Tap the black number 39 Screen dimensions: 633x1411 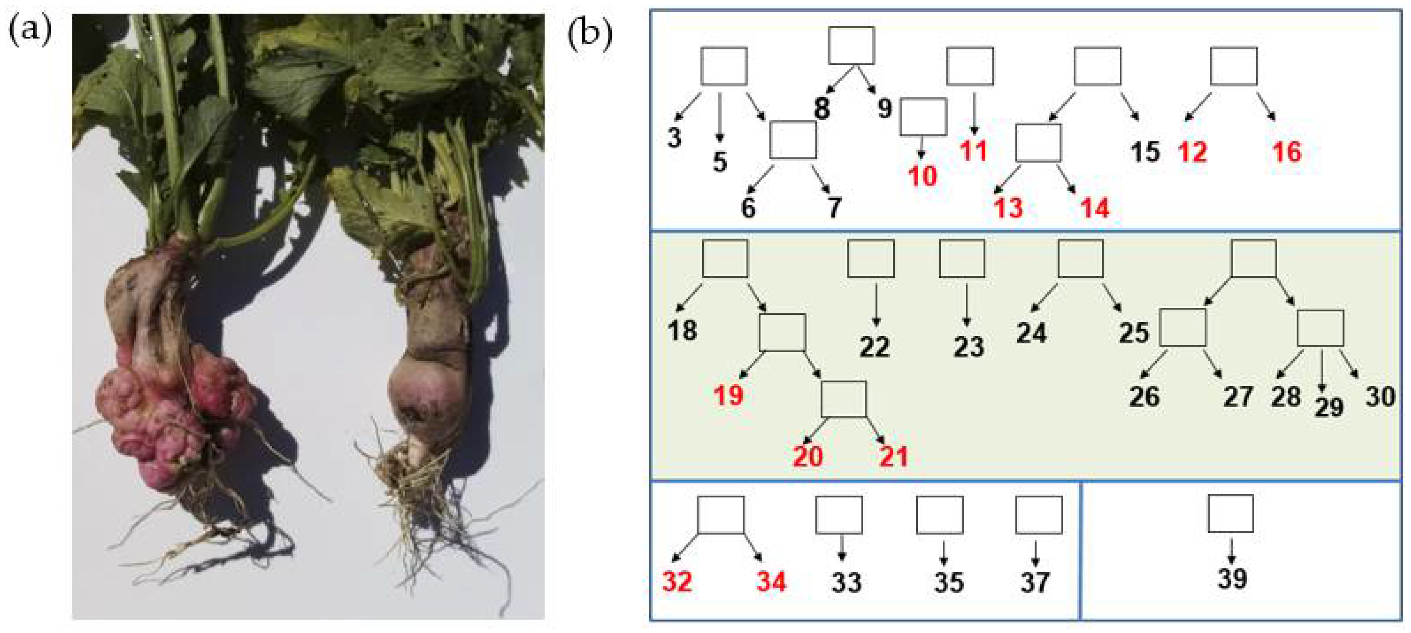(x=1232, y=578)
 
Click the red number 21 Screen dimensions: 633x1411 (x=893, y=456)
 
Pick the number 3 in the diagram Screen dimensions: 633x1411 (x=674, y=137)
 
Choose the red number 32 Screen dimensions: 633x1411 (x=677, y=582)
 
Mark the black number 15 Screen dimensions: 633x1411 (x=1145, y=152)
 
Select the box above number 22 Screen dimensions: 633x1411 (x=871, y=258)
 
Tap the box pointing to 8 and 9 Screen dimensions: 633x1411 (x=851, y=46)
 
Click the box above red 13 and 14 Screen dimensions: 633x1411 (x=1039, y=143)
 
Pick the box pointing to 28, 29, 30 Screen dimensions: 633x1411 (x=1320, y=328)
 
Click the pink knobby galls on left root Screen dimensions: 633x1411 (x=164, y=405)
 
